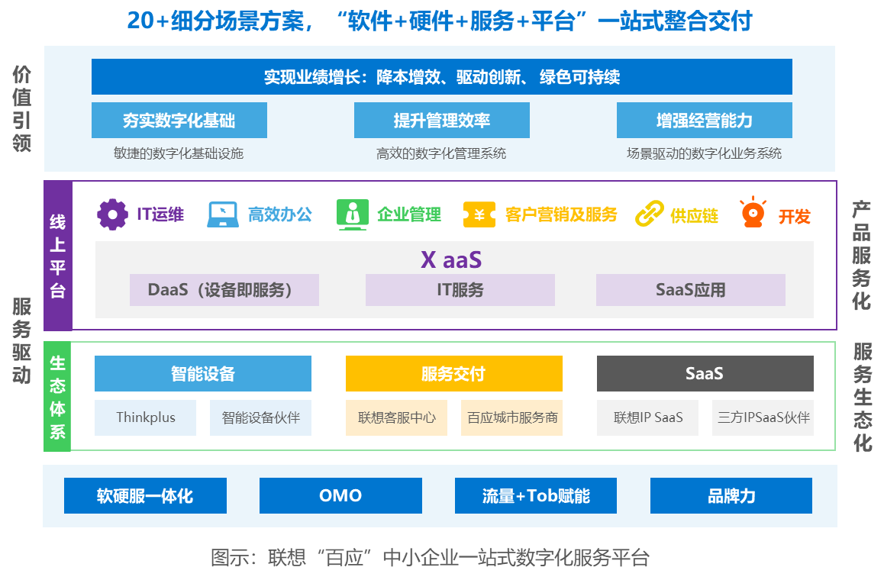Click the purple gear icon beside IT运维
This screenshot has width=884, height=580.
[112, 214]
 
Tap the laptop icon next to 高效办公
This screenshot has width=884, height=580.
[223, 214]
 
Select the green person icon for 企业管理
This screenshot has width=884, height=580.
[352, 214]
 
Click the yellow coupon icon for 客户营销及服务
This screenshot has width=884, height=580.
[479, 214]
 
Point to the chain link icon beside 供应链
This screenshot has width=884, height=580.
[650, 214]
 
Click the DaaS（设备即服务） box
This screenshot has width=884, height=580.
[224, 290]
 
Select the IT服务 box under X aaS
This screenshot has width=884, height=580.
[460, 290]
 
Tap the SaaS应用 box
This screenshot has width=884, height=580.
[690, 290]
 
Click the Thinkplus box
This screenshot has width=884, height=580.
[145, 417]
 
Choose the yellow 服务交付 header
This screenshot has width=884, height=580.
[453, 374]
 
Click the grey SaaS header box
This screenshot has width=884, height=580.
[705, 374]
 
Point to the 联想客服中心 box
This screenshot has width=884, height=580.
[396, 417]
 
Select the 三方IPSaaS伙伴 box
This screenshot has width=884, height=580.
[763, 417]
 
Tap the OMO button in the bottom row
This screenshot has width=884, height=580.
[340, 495]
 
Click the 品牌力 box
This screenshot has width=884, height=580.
[731, 495]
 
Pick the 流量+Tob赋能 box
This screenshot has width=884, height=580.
[535, 495]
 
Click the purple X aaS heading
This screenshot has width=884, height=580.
[451, 259]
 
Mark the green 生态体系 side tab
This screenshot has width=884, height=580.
[57, 397]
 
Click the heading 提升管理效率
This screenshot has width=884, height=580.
[441, 121]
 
